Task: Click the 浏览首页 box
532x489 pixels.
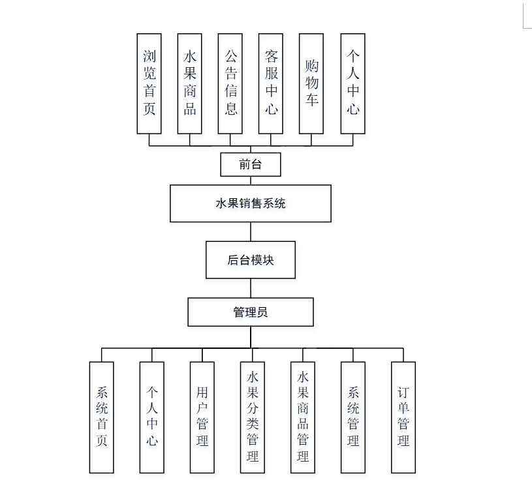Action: [149, 83]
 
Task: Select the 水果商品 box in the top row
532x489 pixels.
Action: [190, 83]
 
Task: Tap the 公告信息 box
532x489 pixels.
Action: [230, 83]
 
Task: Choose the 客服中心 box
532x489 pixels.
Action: [271, 83]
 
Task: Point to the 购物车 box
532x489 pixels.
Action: [311, 83]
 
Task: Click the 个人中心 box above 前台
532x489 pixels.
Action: [352, 83]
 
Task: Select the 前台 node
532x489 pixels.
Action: [251, 164]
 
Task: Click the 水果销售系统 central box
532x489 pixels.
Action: [251, 203]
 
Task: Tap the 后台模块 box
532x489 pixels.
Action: [251, 260]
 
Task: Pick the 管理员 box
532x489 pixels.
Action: [251, 312]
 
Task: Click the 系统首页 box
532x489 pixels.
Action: [102, 417]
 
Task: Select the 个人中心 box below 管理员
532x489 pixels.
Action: [152, 417]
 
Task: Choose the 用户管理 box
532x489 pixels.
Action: [202, 417]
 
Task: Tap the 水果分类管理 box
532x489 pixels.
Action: [253, 417]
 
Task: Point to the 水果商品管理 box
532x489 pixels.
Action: [303, 417]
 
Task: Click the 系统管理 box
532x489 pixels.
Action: [353, 417]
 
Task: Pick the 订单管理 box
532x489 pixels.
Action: [403, 417]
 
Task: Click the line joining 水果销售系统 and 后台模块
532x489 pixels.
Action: [251, 231]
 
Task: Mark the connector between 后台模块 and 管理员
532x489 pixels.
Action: [251, 288]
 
